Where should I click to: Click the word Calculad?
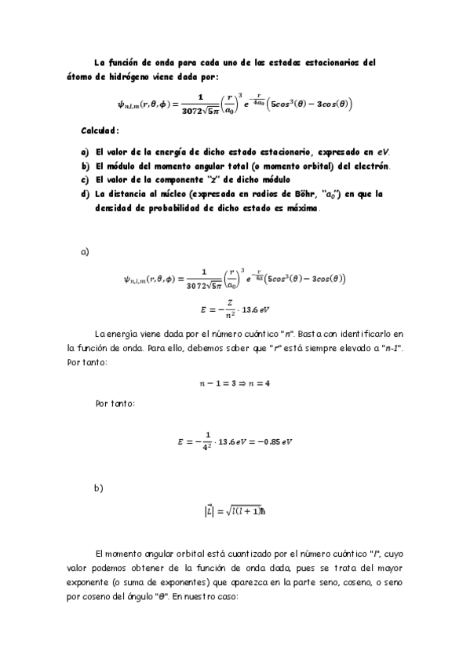coord(100,130)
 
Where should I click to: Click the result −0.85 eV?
coord(271,441)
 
